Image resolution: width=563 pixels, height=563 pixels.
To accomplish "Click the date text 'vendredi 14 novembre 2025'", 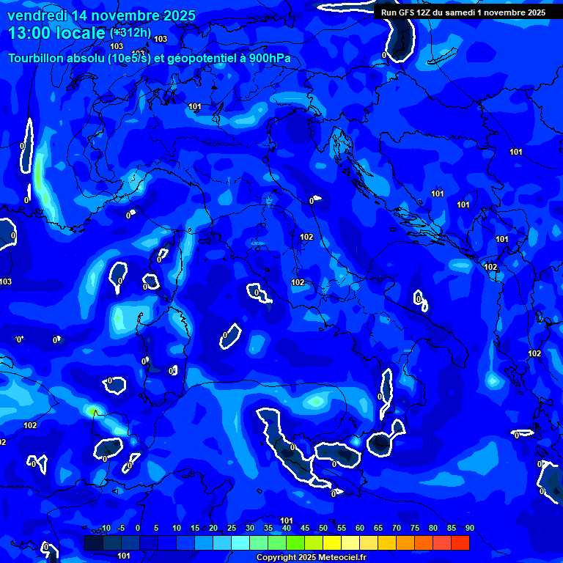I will click(x=101, y=15).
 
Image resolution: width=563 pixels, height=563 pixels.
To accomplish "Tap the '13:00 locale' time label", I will click(x=57, y=33).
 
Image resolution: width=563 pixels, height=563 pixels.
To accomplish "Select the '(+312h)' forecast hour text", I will click(x=130, y=33).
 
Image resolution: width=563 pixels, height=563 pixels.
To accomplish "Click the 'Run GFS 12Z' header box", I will click(x=463, y=12).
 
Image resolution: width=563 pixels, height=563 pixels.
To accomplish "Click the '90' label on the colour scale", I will click(x=470, y=529).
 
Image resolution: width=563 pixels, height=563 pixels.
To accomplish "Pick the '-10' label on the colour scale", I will click(x=104, y=529).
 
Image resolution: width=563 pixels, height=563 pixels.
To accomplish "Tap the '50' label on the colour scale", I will click(x=323, y=529).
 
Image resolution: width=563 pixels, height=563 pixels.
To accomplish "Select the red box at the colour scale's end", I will click(x=460, y=542).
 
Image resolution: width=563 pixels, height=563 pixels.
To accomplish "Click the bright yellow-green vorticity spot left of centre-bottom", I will click(x=93, y=412).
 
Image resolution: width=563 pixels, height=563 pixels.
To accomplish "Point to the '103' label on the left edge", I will click(x=6, y=281).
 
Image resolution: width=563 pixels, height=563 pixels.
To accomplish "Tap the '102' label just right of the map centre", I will click(x=306, y=237).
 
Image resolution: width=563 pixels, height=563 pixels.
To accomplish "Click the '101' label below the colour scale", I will click(x=124, y=556).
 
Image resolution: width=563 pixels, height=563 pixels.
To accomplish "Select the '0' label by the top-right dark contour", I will click(x=383, y=55).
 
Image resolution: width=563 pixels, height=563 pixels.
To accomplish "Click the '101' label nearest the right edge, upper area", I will click(x=516, y=152).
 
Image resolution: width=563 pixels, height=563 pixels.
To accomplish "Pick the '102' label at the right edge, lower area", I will click(x=534, y=353).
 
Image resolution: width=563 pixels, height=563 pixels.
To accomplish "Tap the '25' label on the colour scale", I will click(x=232, y=529).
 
